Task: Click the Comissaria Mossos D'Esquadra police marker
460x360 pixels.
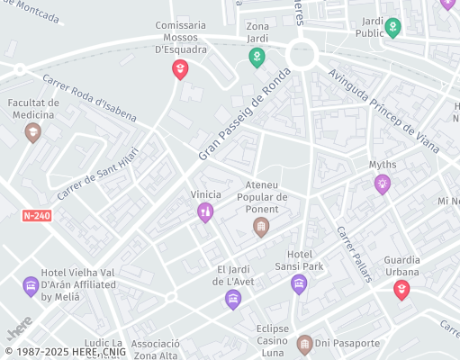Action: [x=180, y=68]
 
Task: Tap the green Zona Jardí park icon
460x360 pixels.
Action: [x=257, y=58]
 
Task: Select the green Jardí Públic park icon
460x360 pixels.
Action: [x=392, y=28]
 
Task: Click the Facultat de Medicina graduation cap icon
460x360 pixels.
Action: [x=33, y=132]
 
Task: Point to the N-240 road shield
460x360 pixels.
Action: [x=37, y=216]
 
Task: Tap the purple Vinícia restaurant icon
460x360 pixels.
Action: [x=205, y=212]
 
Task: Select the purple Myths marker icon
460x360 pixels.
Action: [x=383, y=184]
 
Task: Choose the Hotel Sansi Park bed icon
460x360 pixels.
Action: [x=299, y=284]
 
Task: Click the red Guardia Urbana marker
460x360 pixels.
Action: [x=401, y=289]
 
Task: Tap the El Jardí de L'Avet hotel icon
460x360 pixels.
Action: [x=233, y=299]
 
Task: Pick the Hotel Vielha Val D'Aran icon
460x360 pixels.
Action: [x=31, y=286]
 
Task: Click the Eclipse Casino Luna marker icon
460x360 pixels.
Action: [x=304, y=344]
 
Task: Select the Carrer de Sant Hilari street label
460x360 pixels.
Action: [x=98, y=173]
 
